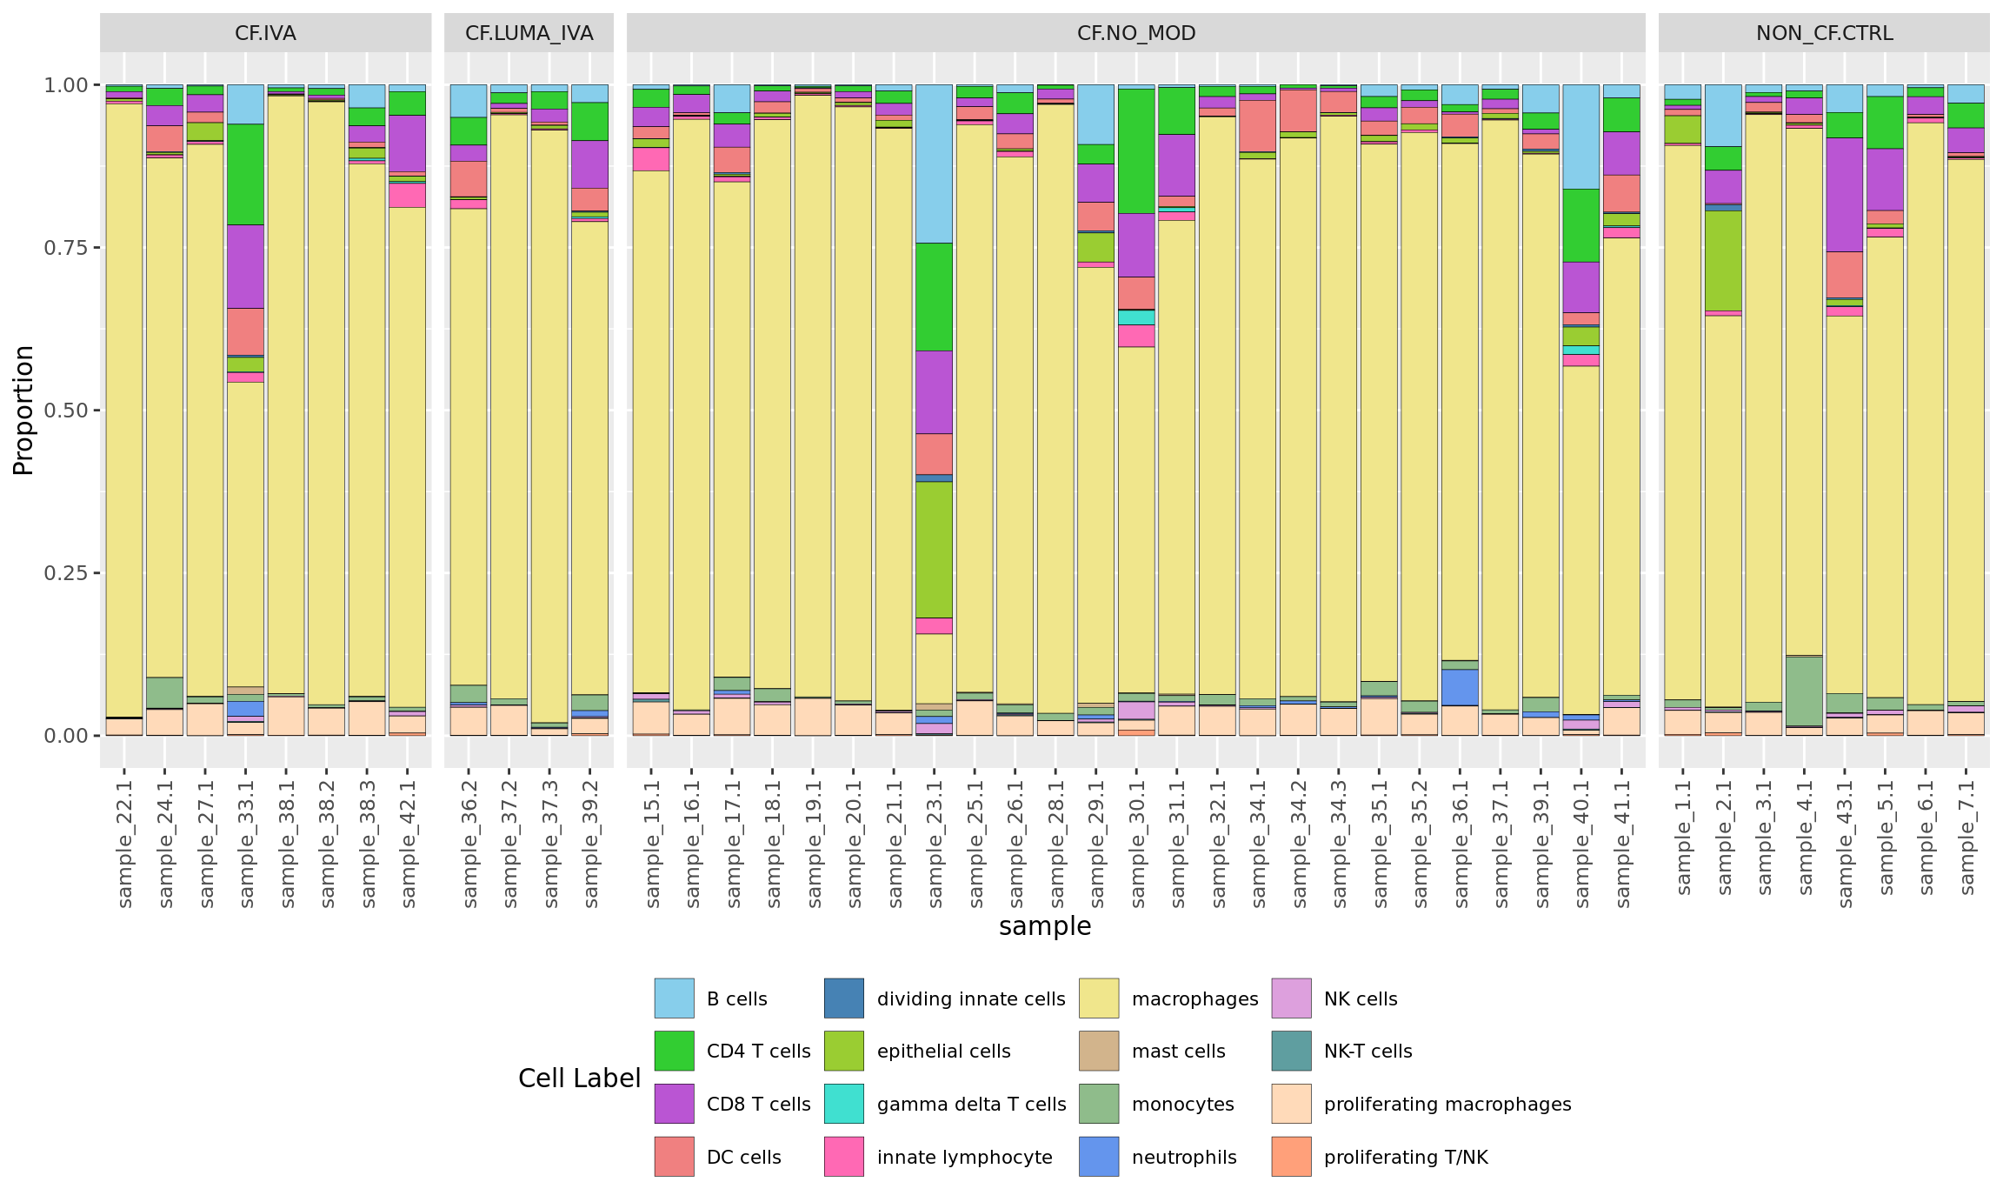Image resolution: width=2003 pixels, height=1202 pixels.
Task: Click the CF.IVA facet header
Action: coord(265,33)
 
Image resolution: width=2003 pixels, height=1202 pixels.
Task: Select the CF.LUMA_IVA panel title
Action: coord(529,33)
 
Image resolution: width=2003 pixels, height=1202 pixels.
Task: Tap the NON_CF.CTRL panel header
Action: coord(1824,33)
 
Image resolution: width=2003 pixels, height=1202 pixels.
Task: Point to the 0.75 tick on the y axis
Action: coord(66,248)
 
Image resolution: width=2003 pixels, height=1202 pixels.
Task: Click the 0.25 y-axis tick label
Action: coord(66,573)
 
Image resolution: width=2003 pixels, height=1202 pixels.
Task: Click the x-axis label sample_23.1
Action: coord(935,844)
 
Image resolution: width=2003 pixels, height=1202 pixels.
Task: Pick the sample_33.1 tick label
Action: coord(246,844)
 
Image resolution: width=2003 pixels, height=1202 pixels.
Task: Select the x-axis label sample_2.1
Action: coord(1724,837)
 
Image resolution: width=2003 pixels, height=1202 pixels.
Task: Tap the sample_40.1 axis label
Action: coord(1581,844)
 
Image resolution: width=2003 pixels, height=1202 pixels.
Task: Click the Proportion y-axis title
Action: coord(23,410)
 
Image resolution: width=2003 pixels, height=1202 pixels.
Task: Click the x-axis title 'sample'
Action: coord(1045,926)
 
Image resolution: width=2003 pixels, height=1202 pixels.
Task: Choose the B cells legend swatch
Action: coord(674,998)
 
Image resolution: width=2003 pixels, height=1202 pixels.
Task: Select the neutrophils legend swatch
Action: coord(1099,1157)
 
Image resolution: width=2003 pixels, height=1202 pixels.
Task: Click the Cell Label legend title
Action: coord(579,1078)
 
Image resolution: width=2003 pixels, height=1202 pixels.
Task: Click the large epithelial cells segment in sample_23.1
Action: coord(934,550)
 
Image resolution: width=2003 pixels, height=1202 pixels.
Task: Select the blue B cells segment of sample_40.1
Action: coord(1581,137)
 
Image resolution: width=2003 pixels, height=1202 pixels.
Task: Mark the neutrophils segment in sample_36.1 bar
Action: coord(1460,687)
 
